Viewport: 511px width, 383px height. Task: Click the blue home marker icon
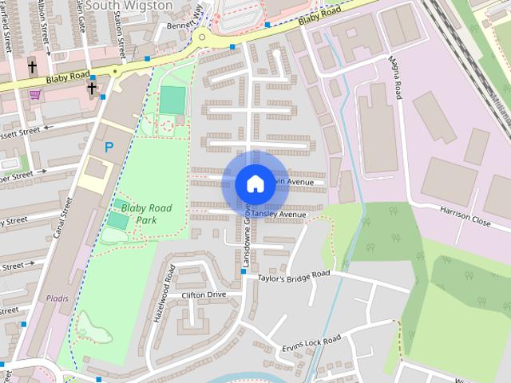coord(255,184)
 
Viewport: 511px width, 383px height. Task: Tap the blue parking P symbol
coord(109,147)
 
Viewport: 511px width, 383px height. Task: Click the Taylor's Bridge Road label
coord(294,276)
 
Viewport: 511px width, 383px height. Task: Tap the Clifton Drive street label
coord(204,294)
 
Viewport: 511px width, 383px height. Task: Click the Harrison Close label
coord(465,217)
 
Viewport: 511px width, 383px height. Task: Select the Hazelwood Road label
coord(162,293)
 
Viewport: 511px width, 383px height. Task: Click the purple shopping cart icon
coord(35,94)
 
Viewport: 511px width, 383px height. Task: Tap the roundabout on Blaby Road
coord(204,36)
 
